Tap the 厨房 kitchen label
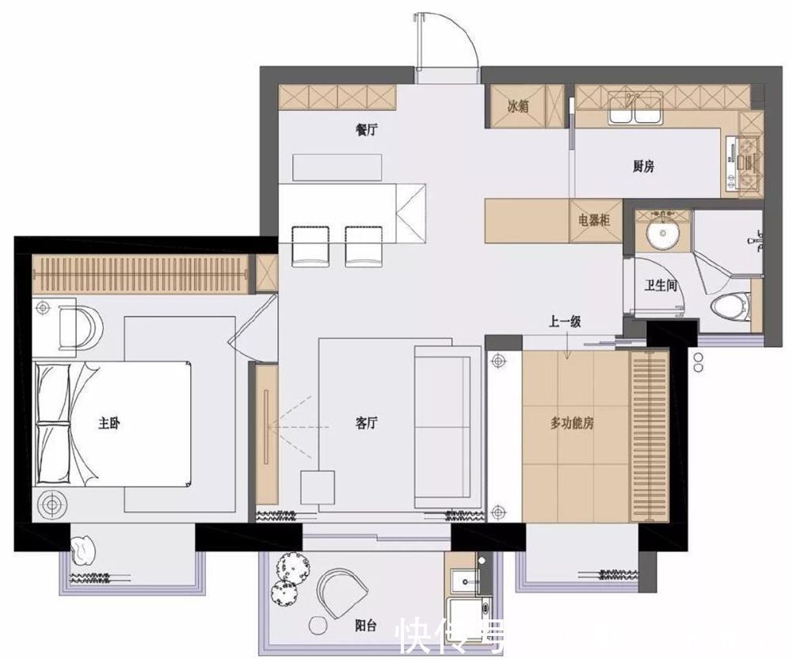click(643, 166)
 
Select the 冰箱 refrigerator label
click(518, 107)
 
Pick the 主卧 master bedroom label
click(109, 424)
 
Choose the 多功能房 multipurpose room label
click(573, 424)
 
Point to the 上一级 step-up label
click(565, 322)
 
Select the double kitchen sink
click(634, 111)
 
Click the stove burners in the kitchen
click(748, 162)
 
